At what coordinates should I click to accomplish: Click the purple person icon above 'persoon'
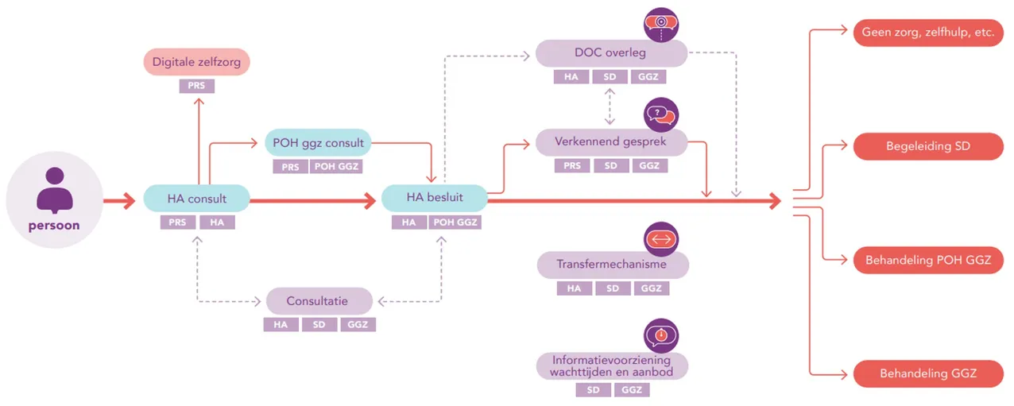point(55,190)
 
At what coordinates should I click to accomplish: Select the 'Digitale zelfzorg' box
point(196,62)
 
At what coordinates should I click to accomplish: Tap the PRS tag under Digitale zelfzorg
point(196,86)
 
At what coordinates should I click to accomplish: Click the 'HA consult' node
point(196,199)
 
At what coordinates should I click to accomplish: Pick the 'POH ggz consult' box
point(318,143)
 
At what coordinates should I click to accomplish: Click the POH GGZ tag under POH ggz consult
point(336,167)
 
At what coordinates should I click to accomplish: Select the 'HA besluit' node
point(435,198)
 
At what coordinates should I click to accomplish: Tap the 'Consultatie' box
point(319,301)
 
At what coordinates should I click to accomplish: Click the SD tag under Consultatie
point(319,324)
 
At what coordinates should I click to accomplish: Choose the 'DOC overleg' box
point(611,53)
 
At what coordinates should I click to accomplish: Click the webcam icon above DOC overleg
point(661,25)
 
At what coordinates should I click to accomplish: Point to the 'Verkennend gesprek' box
point(611,142)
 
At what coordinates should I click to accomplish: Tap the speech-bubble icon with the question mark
point(661,115)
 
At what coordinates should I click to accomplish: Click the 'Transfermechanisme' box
point(613,265)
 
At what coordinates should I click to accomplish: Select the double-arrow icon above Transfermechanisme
point(661,239)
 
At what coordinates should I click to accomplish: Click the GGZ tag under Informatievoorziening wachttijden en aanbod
point(632,389)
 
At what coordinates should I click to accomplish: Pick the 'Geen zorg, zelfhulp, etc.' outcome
point(928,33)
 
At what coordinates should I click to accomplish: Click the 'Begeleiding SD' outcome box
point(928,146)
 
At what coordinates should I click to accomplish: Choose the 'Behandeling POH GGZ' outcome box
point(928,260)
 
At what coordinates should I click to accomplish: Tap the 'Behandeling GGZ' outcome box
point(928,373)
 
